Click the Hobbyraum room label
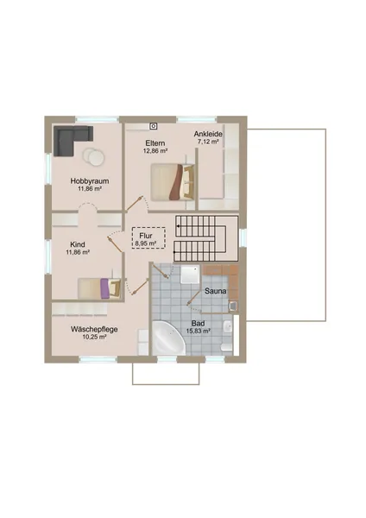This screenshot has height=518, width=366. [x=90, y=181]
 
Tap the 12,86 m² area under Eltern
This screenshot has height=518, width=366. [x=155, y=151]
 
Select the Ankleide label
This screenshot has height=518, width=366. [x=208, y=134]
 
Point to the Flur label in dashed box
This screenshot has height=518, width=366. [x=146, y=236]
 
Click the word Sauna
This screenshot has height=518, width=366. [x=216, y=291]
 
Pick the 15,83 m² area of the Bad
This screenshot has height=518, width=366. [x=199, y=331]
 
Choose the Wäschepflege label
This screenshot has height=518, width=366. [x=94, y=330]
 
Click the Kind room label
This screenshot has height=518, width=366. [x=78, y=244]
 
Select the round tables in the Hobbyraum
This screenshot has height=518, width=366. [x=93, y=156]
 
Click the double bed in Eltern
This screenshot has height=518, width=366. [x=173, y=182]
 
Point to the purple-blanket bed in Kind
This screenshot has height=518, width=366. [x=99, y=288]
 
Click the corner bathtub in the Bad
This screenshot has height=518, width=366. [x=167, y=338]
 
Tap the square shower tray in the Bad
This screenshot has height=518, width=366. [x=190, y=274]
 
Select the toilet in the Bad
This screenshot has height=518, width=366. [x=227, y=347]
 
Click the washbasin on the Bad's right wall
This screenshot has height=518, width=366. [x=228, y=327]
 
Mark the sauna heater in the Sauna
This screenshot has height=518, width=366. [x=233, y=306]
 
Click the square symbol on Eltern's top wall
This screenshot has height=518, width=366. [x=153, y=126]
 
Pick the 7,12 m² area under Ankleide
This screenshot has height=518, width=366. [x=208, y=142]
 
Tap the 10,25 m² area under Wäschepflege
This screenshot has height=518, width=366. [x=94, y=338]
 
